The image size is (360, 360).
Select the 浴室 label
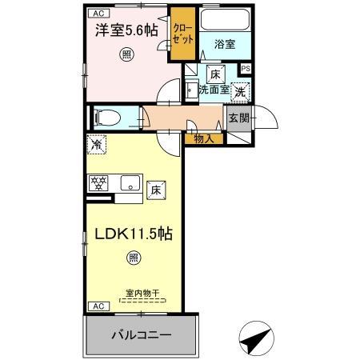[225, 46]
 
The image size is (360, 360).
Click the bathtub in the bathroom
[225, 22]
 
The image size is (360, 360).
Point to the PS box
[246, 69]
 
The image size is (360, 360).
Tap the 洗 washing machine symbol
[241, 91]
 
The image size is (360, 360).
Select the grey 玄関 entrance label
[238, 118]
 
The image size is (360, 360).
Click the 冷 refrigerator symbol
[96, 146]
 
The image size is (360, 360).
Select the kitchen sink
[129, 183]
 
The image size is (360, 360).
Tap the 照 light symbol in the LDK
[134, 258]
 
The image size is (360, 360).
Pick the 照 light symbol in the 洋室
[126, 54]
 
